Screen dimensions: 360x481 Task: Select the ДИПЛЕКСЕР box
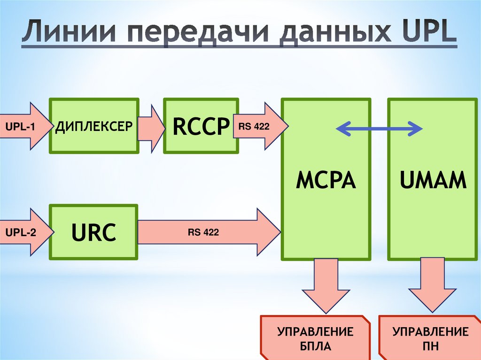tap(94, 126)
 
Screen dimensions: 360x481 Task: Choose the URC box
tap(93, 232)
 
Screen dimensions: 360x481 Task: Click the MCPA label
tap(326, 180)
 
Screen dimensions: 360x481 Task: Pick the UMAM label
tap(433, 180)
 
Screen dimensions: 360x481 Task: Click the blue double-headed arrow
tap(380, 128)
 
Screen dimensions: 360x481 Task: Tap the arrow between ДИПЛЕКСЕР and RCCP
tap(151, 126)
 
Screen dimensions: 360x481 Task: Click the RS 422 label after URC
tap(203, 232)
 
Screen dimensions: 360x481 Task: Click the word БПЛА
tap(315, 347)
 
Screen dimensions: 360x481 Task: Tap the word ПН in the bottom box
tap(431, 347)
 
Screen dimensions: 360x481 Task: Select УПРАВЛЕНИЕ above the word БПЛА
tap(315, 333)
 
